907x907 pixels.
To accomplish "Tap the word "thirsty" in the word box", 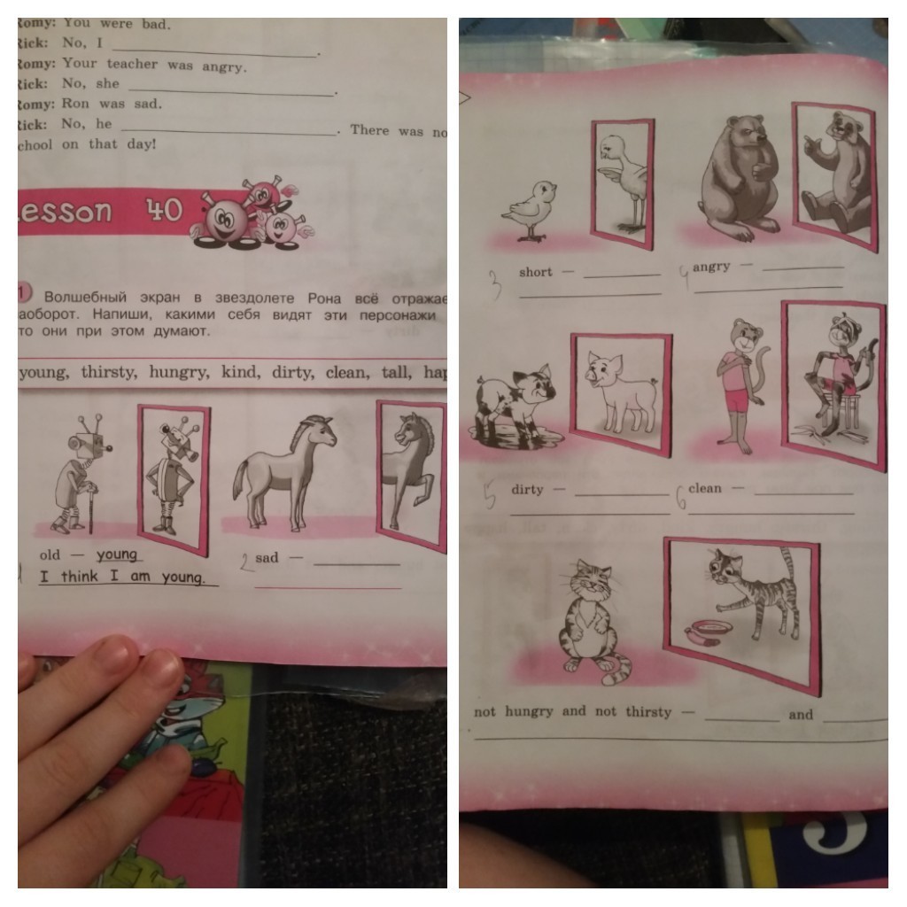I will coord(108,372).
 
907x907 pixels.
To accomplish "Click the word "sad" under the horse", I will coord(267,558).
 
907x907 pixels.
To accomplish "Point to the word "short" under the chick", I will coord(535,272).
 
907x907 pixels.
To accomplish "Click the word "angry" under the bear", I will coord(712,267).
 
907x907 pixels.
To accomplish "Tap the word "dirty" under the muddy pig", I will coord(527,489).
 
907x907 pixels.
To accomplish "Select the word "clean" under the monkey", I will coord(705,488).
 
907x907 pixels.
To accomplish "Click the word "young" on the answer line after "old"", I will coord(117,554).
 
